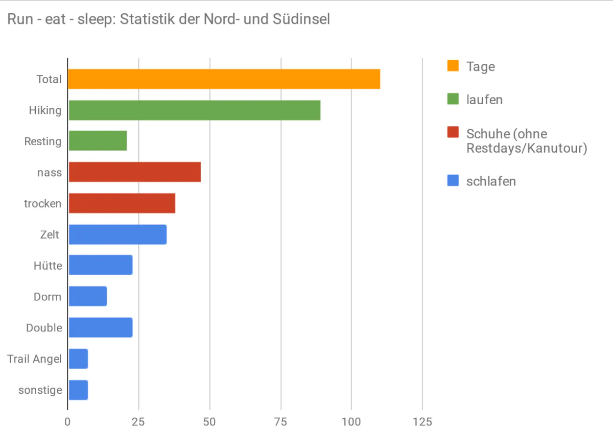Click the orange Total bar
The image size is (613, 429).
point(224,79)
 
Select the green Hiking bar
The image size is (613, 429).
point(194,110)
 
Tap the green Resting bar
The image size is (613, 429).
point(98,141)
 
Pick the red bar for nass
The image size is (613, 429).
point(134,172)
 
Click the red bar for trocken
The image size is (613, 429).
point(122,203)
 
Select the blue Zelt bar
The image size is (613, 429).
point(117,234)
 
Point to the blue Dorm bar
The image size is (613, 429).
point(87,296)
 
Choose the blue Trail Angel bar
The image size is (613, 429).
point(78,359)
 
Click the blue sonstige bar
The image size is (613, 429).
point(78,390)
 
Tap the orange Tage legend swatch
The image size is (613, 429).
point(453,66)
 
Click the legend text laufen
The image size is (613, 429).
point(484,100)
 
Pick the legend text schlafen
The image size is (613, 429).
point(491,181)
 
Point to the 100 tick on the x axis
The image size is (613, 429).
point(351,422)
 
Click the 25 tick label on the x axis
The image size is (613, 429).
point(138,422)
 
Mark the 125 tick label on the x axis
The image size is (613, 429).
point(422,422)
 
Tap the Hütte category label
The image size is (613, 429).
point(48,266)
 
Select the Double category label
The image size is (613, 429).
point(44,328)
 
